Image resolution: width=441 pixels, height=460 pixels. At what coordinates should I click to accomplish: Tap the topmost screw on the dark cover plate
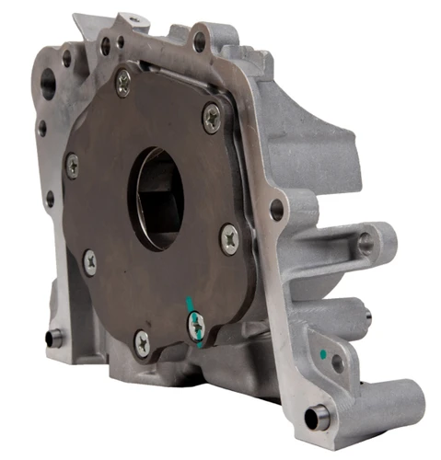[122, 85]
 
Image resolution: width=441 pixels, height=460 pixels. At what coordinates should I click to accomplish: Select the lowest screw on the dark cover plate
[142, 342]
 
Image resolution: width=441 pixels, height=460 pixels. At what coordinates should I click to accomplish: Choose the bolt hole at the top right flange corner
[199, 40]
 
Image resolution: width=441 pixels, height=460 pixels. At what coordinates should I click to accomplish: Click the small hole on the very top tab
[134, 17]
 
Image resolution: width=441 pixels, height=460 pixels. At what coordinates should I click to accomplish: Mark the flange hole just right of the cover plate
[276, 209]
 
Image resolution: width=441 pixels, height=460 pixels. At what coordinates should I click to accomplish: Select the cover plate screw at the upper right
[212, 117]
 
